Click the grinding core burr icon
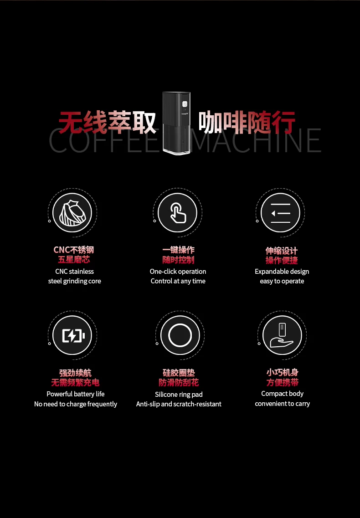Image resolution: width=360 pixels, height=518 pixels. click(x=72, y=212)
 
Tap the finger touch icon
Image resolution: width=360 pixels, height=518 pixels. click(x=178, y=213)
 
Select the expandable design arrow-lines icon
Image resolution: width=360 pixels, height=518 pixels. click(x=280, y=213)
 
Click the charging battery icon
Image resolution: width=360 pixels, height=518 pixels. click(x=73, y=336)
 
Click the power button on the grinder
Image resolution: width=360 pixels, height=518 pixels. click(x=185, y=104)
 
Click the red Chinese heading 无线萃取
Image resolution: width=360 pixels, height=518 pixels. click(x=107, y=122)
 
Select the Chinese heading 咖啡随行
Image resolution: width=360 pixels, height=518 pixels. click(x=247, y=123)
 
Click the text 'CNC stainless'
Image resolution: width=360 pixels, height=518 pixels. click(x=74, y=271)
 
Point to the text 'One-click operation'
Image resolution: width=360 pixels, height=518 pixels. click(x=178, y=271)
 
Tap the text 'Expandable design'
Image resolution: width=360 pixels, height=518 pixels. click(x=282, y=272)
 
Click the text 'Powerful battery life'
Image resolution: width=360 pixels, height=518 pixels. click(x=75, y=394)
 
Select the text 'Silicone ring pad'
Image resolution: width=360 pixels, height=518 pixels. click(x=179, y=395)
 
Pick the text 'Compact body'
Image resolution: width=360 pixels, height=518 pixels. click(x=283, y=394)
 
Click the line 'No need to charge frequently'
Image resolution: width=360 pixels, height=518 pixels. click(x=76, y=404)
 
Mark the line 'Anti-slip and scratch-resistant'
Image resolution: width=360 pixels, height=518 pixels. click(x=179, y=404)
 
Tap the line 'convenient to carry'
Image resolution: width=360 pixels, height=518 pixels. click(x=283, y=404)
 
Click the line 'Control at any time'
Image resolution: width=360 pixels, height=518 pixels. click(x=178, y=281)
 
